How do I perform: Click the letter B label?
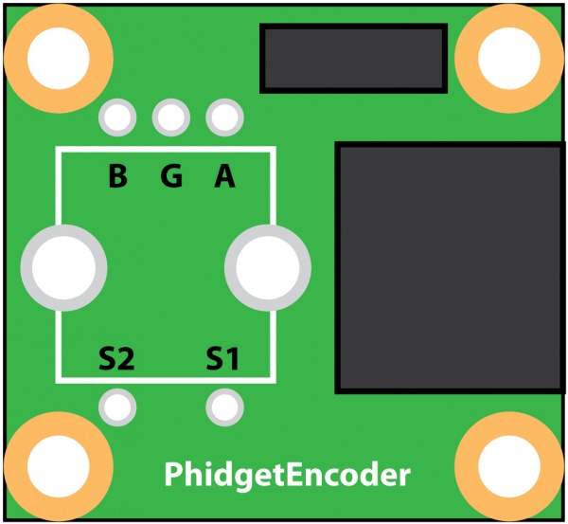click(x=117, y=177)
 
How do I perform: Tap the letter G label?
click(x=171, y=177)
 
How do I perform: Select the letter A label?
click(x=224, y=177)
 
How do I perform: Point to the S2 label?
click(x=116, y=359)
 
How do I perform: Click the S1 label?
click(x=223, y=359)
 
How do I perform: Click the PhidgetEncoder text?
click(x=287, y=474)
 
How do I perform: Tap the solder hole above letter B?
click(x=117, y=118)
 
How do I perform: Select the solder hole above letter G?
click(x=170, y=118)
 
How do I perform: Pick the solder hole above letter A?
click(x=224, y=118)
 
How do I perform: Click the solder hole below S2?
click(x=117, y=407)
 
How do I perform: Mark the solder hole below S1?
click(x=224, y=407)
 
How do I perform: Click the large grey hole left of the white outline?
click(x=62, y=267)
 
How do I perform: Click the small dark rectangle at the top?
click(x=353, y=58)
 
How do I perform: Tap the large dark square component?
click(x=451, y=268)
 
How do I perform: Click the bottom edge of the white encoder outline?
click(x=166, y=381)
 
